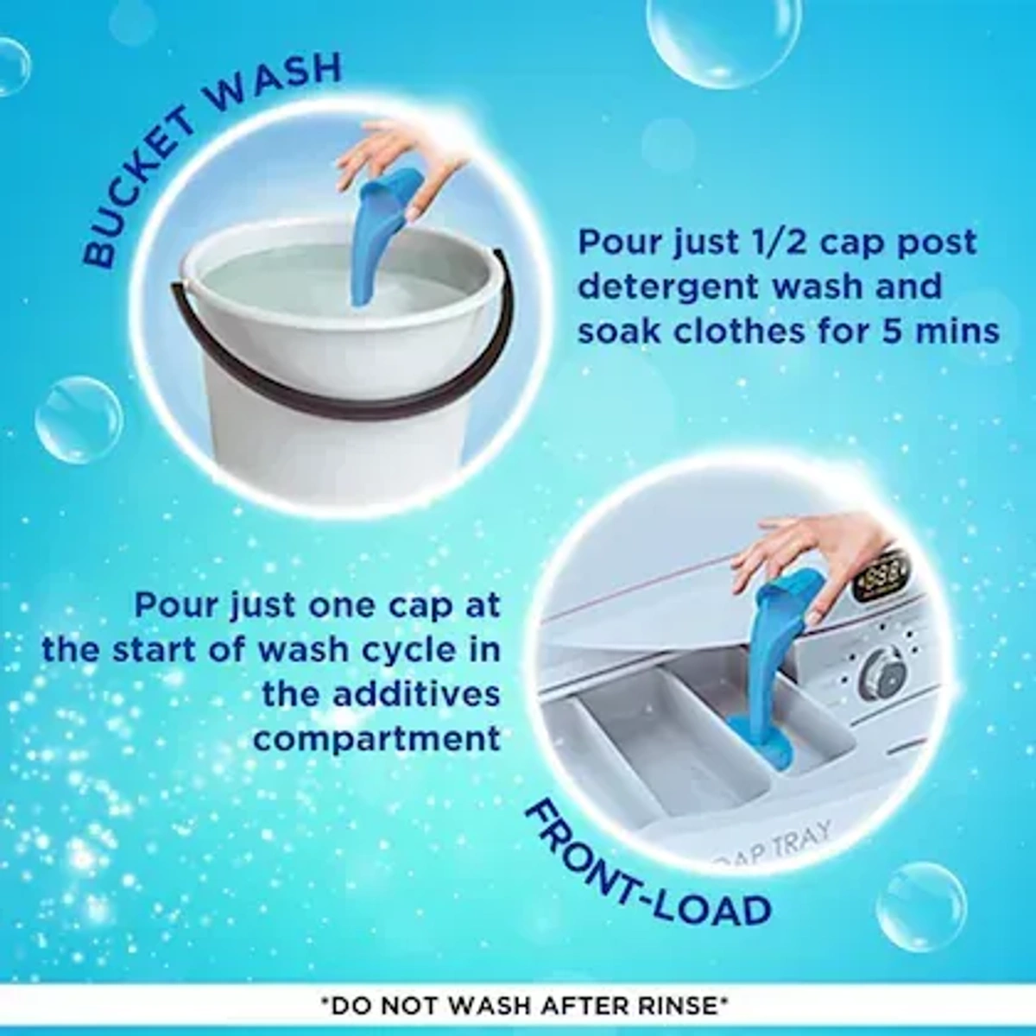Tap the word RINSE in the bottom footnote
pos(674,1006)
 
